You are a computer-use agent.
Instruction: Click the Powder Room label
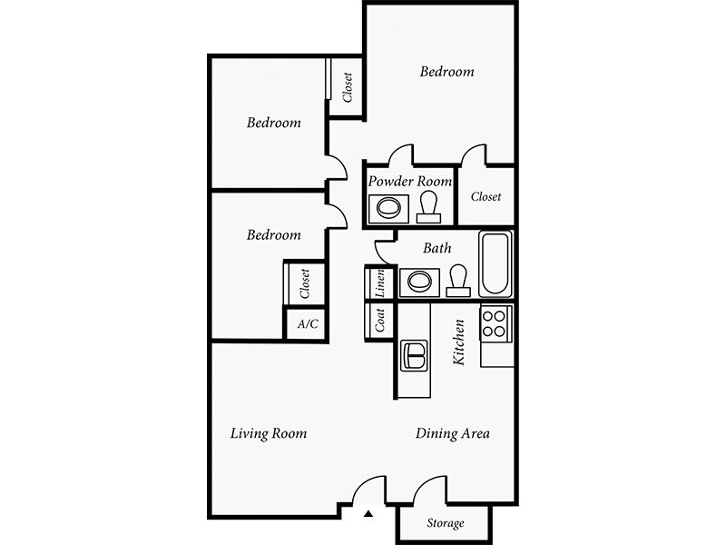(410, 181)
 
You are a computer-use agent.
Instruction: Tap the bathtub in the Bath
(495, 264)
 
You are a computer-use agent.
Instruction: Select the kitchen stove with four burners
(496, 323)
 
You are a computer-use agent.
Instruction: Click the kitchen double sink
(414, 356)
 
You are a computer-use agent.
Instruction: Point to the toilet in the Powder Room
(428, 207)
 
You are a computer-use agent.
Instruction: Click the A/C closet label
(308, 323)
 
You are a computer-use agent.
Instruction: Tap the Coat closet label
(379, 321)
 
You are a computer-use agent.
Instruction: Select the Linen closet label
(379, 282)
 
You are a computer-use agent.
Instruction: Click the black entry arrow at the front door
(368, 513)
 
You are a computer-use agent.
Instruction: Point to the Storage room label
(446, 523)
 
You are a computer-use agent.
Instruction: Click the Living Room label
(269, 434)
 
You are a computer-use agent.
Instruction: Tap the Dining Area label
(452, 434)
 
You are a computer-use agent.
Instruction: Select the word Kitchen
(458, 342)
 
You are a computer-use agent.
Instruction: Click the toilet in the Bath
(458, 281)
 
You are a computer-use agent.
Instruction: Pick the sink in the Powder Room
(388, 208)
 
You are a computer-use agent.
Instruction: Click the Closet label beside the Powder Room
(486, 197)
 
